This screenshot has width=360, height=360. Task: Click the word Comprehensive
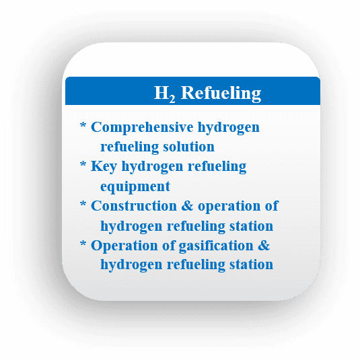point(142,127)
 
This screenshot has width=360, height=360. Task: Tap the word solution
point(188,147)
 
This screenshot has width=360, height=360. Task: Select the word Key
point(104,166)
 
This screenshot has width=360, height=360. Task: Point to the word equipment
point(135,186)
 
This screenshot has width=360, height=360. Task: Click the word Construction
point(134,206)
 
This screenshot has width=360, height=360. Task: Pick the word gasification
point(216,246)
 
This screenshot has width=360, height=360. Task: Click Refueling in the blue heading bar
point(221,94)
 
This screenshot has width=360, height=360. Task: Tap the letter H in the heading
point(161,93)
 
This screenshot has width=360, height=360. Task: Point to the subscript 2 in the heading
point(172,99)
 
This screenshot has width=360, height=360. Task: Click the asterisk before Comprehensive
point(83,125)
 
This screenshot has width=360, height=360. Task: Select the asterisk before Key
point(83,164)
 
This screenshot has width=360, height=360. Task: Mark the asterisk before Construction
point(83,203)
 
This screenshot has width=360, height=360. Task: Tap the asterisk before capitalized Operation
point(83,243)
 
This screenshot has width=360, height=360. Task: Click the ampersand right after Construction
point(187,206)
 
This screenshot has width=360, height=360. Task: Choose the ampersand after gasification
point(264,246)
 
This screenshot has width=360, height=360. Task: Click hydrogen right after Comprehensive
point(229,127)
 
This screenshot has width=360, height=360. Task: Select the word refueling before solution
point(129,147)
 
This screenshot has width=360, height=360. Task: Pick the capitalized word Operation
point(124,246)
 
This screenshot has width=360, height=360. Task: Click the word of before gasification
point(169,245)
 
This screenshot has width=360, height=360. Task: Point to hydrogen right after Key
point(152,166)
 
